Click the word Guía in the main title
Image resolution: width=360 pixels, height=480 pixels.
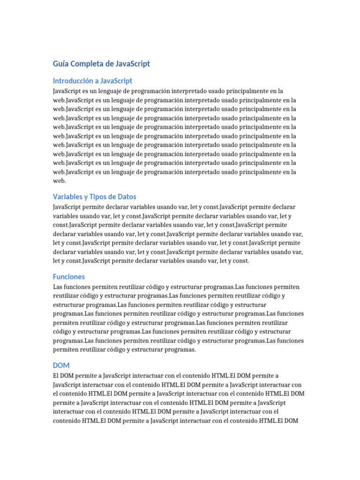click(x=60, y=63)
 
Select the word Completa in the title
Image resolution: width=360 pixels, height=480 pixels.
click(x=86, y=63)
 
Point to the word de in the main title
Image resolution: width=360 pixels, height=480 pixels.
click(x=108, y=63)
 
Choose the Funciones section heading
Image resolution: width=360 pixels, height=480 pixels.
click(x=69, y=277)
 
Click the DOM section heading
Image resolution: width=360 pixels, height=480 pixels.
click(x=61, y=365)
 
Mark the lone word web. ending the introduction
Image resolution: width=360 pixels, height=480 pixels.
click(x=60, y=181)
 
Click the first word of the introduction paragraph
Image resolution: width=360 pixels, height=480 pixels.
click(x=66, y=91)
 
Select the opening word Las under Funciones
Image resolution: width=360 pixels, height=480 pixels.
click(x=58, y=287)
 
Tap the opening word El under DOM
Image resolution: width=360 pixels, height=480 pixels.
click(x=56, y=375)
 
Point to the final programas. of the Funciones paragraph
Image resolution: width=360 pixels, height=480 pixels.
click(x=178, y=350)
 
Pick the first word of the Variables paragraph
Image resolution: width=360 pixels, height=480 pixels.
click(x=66, y=207)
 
